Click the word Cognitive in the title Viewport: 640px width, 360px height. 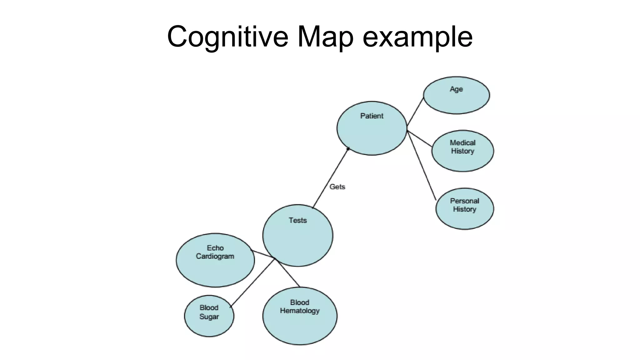pyautogui.click(x=227, y=37)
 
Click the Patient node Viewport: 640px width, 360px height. pyautogui.click(x=372, y=128)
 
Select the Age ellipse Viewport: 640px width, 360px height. pyautogui.click(x=456, y=95)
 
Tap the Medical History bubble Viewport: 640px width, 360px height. pyautogui.click(x=462, y=151)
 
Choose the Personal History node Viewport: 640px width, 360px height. pyautogui.click(x=465, y=209)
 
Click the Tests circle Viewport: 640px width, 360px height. pyautogui.click(x=298, y=235)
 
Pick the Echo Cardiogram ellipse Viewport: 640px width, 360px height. pyautogui.click(x=215, y=260)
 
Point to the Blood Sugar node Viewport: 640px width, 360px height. pyautogui.click(x=209, y=316)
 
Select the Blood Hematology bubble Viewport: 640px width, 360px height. pyautogui.click(x=300, y=316)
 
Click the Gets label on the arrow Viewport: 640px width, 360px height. pyautogui.click(x=337, y=187)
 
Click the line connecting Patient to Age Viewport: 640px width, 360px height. pyautogui.click(x=415, y=112)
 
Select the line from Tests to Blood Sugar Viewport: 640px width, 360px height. pyautogui.click(x=252, y=283)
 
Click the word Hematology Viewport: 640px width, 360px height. pyautogui.click(x=300, y=311)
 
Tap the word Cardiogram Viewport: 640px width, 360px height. pyautogui.click(x=215, y=256)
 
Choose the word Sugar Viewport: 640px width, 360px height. pyautogui.click(x=209, y=317)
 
